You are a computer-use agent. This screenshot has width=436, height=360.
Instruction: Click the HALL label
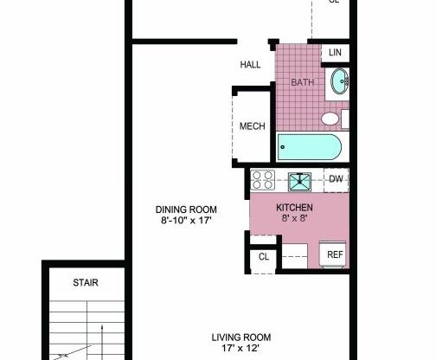(x=250, y=64)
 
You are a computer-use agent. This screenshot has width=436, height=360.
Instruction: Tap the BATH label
(x=302, y=82)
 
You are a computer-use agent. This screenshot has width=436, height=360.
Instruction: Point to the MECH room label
(x=251, y=126)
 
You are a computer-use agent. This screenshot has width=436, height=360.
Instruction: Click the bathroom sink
(x=340, y=83)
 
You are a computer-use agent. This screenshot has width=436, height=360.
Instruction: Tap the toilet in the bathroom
(x=330, y=118)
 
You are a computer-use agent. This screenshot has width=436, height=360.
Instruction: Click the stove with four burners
(x=263, y=180)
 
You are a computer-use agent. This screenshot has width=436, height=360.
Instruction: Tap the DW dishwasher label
(x=336, y=179)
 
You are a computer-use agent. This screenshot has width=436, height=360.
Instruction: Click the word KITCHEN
(x=294, y=209)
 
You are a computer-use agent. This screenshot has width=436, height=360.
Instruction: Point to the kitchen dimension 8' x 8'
(x=294, y=221)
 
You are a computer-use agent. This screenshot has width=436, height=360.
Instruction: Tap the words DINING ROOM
(x=186, y=209)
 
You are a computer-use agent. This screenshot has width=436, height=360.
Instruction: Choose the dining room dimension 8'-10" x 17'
(x=186, y=222)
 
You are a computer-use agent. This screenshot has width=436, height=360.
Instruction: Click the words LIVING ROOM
(x=242, y=337)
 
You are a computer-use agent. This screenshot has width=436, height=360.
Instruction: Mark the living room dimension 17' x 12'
(x=242, y=350)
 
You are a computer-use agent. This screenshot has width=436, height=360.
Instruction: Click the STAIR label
(x=85, y=282)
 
